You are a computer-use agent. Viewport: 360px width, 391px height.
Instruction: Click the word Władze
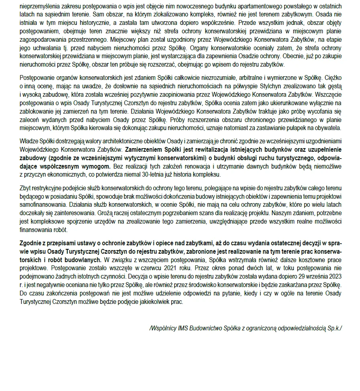click(x=28, y=142)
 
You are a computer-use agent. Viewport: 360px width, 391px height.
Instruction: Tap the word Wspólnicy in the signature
click(x=163, y=328)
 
